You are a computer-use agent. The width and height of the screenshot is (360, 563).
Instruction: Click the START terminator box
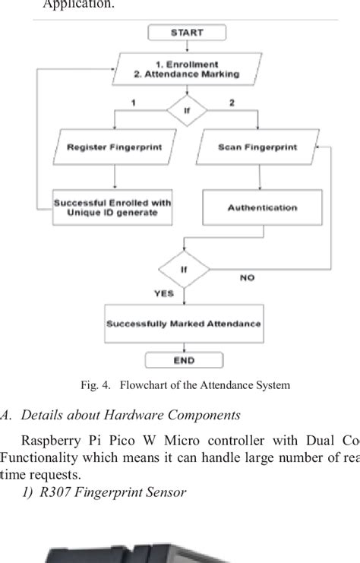tap(186, 33)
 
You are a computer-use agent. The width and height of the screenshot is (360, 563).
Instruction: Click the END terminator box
tap(184, 360)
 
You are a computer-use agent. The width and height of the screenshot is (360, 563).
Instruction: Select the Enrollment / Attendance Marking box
tap(186, 69)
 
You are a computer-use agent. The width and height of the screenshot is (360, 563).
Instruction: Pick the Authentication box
tap(262, 207)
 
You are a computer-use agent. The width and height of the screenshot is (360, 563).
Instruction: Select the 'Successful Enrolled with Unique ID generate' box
tap(112, 207)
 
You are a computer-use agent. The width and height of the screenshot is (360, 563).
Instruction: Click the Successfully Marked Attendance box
tap(184, 323)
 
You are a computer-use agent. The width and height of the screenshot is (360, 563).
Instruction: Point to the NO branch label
tap(247, 278)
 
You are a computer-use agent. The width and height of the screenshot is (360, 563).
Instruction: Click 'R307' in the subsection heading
tap(55, 492)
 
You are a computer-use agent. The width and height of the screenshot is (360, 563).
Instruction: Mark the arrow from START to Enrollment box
tap(186, 46)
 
